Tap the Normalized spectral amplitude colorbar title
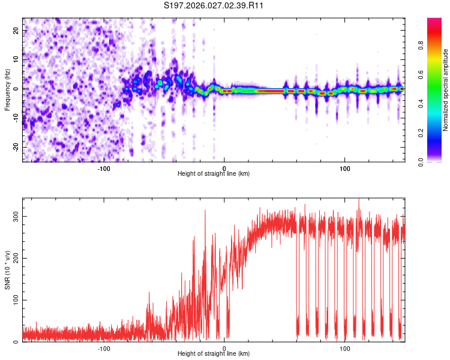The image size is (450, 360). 446,91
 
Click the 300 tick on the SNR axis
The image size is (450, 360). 16,216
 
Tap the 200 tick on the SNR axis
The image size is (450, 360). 16,258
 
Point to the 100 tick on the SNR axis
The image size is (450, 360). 16,300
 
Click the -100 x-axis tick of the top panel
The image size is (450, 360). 104,168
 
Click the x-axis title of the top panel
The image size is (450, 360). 214,174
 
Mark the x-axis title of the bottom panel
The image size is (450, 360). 214,354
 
